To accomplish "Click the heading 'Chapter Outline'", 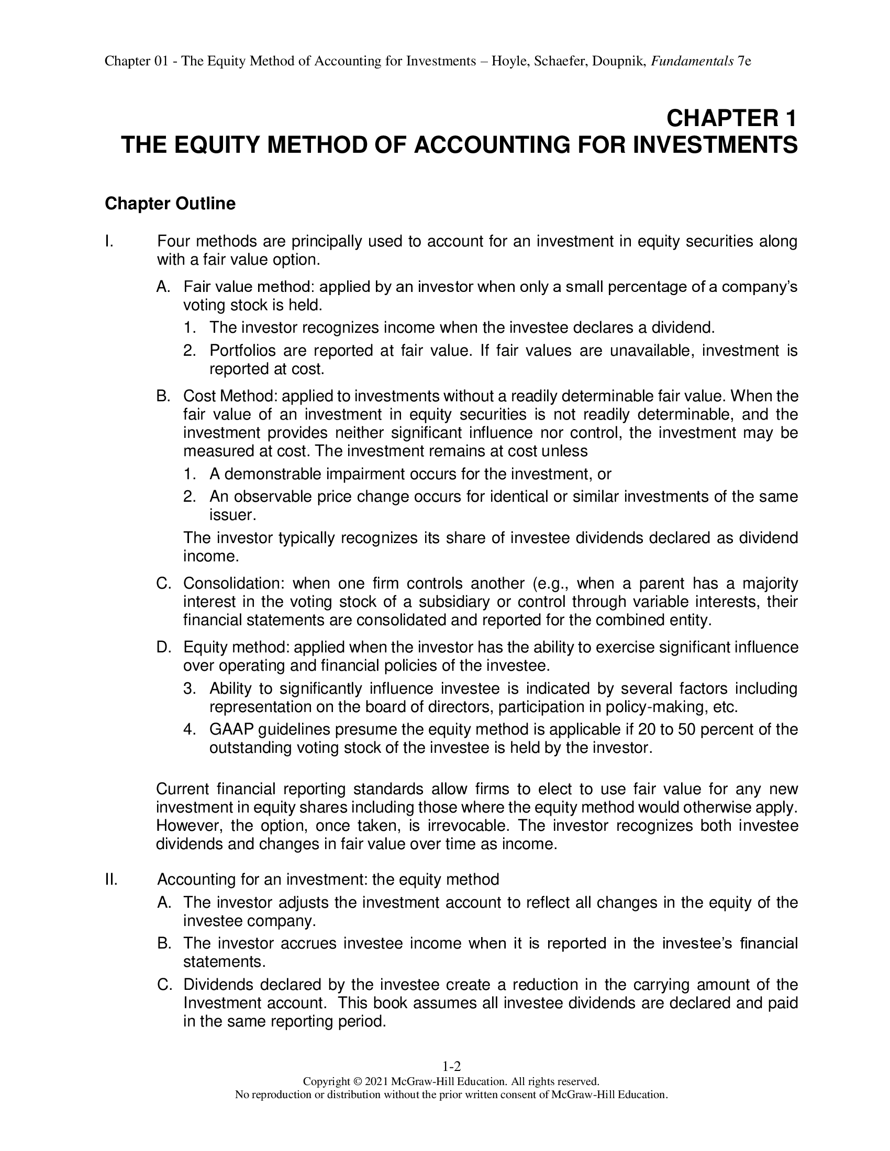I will [x=170, y=204].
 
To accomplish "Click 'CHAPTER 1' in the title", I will [x=731, y=118].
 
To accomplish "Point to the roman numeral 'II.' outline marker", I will [x=110, y=879].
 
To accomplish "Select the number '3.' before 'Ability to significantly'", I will [x=190, y=689].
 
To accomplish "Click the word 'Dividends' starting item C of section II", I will [x=218, y=985].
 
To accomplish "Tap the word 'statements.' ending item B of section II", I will [x=224, y=962].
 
